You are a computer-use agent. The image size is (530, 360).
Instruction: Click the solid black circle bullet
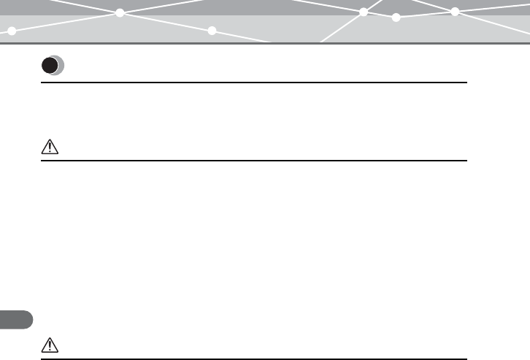click(x=50, y=66)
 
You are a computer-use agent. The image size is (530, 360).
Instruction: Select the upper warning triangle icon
click(x=49, y=148)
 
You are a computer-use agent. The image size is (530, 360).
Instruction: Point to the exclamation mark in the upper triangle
click(x=49, y=148)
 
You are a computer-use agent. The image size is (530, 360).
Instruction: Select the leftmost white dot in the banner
click(x=12, y=31)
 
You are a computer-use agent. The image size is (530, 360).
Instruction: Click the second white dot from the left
click(x=120, y=12)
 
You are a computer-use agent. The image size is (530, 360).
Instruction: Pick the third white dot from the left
click(x=212, y=31)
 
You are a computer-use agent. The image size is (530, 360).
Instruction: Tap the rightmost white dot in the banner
click(x=454, y=12)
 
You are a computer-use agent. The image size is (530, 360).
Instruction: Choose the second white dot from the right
click(x=396, y=17)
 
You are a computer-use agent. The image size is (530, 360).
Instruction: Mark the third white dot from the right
click(x=363, y=12)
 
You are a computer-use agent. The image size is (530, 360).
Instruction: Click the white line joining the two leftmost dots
click(x=66, y=22)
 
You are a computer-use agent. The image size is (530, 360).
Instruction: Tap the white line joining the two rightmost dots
click(x=425, y=15)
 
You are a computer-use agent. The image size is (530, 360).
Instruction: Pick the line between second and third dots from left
click(x=166, y=22)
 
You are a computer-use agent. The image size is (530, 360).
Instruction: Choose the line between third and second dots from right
click(x=380, y=15)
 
